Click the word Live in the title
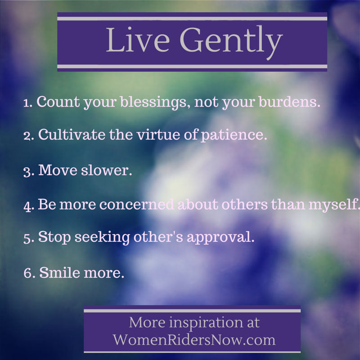[x=138, y=40]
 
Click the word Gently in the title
[x=231, y=42]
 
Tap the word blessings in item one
[x=153, y=102]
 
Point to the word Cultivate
[x=72, y=134]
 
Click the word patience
[x=234, y=135]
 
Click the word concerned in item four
[x=136, y=205]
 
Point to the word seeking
[x=102, y=238]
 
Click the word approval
[x=220, y=238]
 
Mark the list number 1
[x=27, y=103]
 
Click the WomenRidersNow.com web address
[x=194, y=339]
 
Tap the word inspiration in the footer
[x=206, y=323]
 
